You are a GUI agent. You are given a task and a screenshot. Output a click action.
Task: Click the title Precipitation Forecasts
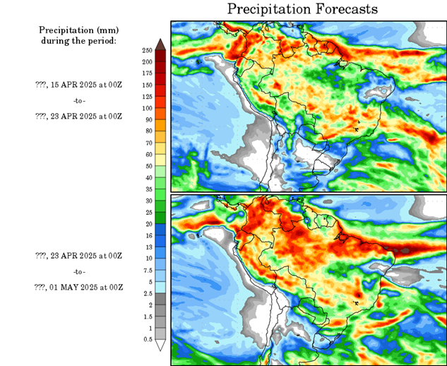pyautogui.click(x=302, y=9)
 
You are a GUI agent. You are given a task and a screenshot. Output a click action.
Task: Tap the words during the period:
pyautogui.click(x=78, y=40)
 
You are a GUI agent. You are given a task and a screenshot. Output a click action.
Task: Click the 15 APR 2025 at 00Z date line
pyautogui.click(x=78, y=84)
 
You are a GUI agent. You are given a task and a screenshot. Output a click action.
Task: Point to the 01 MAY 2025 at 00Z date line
pyautogui.click(x=78, y=287)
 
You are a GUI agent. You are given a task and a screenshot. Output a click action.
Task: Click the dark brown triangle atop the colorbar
pyautogui.click(x=160, y=45)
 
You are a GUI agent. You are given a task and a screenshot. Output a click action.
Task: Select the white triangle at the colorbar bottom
pyautogui.click(x=160, y=346)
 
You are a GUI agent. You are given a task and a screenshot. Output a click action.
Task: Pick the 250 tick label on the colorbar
pyautogui.click(x=148, y=51)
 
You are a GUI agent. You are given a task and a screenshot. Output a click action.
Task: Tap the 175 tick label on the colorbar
pyautogui.click(x=148, y=73)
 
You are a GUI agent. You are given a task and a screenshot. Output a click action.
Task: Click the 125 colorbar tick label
pyautogui.click(x=148, y=97)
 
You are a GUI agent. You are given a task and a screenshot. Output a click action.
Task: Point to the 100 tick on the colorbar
pyautogui.click(x=148, y=108)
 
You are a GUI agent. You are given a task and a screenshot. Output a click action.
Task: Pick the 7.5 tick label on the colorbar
pyautogui.click(x=148, y=270)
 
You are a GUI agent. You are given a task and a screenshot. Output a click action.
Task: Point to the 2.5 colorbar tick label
pyautogui.click(x=148, y=293)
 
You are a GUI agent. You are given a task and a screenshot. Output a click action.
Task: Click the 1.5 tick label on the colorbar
pyautogui.click(x=148, y=317)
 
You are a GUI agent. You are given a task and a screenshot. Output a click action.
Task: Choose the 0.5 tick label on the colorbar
pyautogui.click(x=148, y=340)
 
